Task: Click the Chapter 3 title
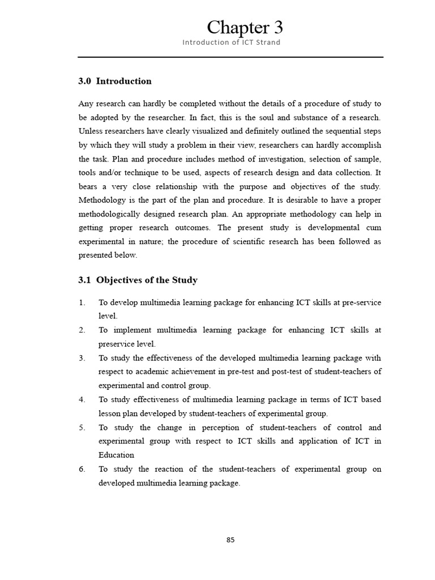[x=245, y=27]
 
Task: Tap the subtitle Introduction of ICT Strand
[x=231, y=42]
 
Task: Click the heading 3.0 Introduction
[x=115, y=81]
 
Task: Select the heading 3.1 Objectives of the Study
[x=138, y=280]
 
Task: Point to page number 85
[x=231, y=540]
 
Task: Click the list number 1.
[x=82, y=302]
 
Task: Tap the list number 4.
[x=82, y=399]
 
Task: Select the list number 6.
[x=82, y=469]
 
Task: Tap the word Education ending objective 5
[x=116, y=455]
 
